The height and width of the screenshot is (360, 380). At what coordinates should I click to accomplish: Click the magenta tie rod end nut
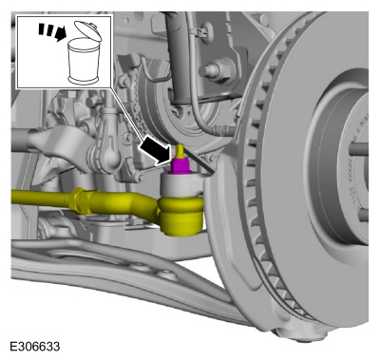[x=180, y=166]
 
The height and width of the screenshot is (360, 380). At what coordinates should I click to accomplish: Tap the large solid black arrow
[x=156, y=149]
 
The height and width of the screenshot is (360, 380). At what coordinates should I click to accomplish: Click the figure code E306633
[x=35, y=347]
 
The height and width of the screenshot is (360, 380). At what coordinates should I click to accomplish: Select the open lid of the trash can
[x=88, y=30]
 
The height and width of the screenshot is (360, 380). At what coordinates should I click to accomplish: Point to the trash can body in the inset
[x=84, y=61]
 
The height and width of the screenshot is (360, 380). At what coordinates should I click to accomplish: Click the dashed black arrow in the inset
[x=52, y=31]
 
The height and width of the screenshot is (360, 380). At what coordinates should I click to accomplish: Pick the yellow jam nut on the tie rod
[x=79, y=200]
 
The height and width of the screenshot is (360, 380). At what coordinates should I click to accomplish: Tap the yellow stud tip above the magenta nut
[x=180, y=151]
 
